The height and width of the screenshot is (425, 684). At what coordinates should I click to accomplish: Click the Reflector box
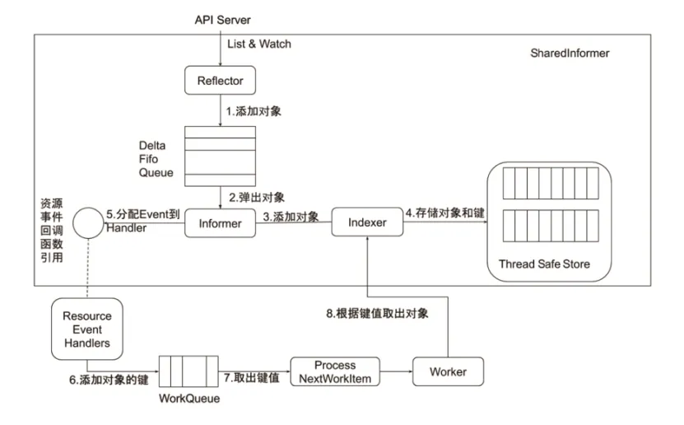[220, 80]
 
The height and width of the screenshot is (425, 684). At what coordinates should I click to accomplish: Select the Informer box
[220, 223]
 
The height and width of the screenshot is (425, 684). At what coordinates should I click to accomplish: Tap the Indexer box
[367, 222]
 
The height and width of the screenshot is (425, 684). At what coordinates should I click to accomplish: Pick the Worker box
[448, 371]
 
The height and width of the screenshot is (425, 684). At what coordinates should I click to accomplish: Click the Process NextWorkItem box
[335, 371]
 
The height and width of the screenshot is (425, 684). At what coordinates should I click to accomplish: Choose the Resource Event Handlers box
[86, 329]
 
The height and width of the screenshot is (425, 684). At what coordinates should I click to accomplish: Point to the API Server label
[222, 20]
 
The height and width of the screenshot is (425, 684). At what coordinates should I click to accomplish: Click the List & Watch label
[259, 44]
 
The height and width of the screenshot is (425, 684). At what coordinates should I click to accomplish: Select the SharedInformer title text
[570, 54]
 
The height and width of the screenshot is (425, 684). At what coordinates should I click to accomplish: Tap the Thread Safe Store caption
[544, 264]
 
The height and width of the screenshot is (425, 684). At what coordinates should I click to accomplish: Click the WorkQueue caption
[189, 399]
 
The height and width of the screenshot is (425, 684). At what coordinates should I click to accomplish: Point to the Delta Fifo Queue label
[156, 159]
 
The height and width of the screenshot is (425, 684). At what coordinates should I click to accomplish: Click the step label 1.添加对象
[254, 111]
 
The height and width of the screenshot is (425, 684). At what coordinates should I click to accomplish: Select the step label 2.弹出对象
[257, 197]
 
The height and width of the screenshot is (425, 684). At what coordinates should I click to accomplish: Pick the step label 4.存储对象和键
[445, 213]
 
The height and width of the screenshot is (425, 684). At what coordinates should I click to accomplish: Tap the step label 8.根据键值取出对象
[377, 313]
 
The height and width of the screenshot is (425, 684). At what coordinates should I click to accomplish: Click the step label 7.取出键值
[252, 377]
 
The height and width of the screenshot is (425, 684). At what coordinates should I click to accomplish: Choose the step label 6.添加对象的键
[109, 380]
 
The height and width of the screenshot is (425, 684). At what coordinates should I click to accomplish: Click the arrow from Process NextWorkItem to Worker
[396, 371]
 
